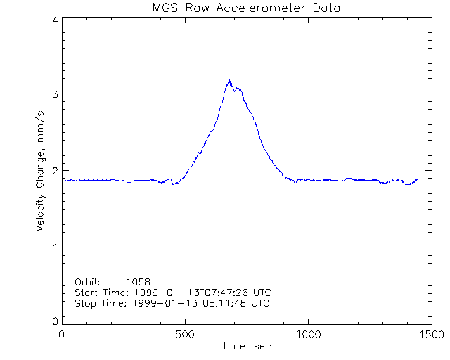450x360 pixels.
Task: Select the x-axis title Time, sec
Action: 246,346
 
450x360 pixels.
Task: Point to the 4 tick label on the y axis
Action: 54,20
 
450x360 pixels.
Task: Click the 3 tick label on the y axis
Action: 54,94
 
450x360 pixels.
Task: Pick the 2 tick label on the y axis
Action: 54,171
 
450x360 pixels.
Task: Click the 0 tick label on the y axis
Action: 54,321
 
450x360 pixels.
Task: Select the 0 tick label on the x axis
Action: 63,335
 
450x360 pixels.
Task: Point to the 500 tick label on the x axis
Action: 185,335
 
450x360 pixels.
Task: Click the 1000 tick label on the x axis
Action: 307,335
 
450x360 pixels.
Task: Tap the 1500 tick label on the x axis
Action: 430,335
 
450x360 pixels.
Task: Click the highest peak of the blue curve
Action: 229,81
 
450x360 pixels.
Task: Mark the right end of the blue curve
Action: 417,179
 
